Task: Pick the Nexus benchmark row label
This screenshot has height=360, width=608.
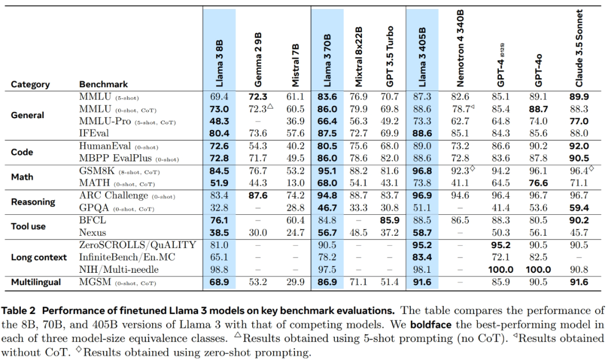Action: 93,232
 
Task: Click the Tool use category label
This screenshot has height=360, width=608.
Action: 29,226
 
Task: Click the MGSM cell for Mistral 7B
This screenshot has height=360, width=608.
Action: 296,282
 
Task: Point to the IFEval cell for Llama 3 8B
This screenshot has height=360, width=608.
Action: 219,133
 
